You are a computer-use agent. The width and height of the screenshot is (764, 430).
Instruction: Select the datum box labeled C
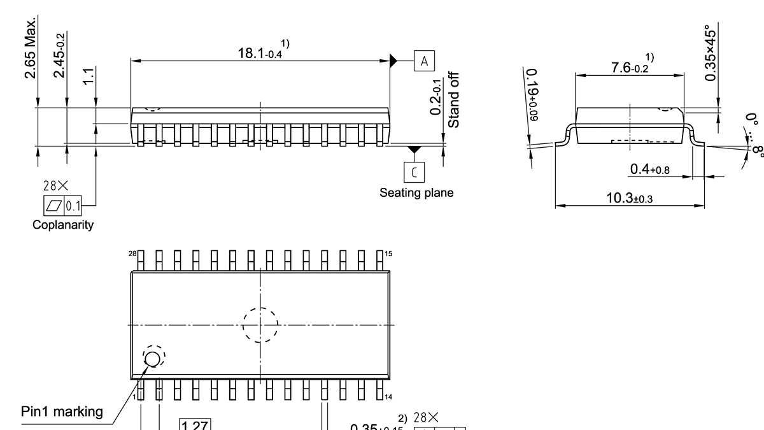pos(414,171)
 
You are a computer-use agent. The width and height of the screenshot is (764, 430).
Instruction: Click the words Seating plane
pos(416,192)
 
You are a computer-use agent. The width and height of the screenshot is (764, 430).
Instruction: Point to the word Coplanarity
pos(63,225)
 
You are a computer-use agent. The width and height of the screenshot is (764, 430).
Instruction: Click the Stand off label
pos(454,100)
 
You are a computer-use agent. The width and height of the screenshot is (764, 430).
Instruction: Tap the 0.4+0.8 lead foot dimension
pos(649,169)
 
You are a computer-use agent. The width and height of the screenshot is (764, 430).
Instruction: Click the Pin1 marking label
pos(62,412)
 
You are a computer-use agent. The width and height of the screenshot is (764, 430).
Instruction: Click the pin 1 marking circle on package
pos(153,359)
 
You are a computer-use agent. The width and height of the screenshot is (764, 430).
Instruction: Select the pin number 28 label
pos(132,254)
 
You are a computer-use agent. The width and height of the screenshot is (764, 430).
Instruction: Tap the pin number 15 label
pos(389,254)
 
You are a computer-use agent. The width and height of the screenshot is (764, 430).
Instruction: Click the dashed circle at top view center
pos(260,325)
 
